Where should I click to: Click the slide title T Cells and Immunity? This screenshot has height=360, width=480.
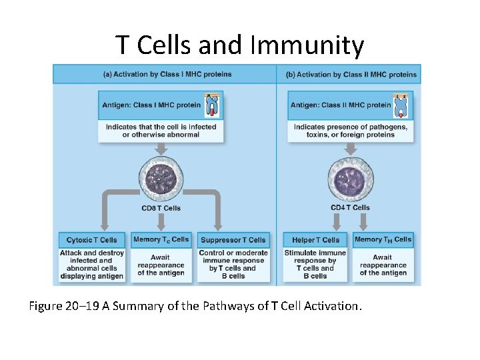tap(240, 45)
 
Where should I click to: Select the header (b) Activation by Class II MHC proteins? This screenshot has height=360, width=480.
tap(351, 74)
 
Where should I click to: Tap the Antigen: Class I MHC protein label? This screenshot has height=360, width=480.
tap(151, 105)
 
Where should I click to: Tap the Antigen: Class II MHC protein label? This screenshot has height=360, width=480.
tap(341, 105)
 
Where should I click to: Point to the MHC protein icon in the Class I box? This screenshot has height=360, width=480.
tap(213, 105)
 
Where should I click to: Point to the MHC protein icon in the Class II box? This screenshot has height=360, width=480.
tap(402, 105)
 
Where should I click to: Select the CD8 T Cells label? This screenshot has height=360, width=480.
tap(161, 208)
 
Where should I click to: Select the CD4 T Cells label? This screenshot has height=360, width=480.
tap(350, 208)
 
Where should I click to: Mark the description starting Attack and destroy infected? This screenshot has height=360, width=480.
tap(91, 264)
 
